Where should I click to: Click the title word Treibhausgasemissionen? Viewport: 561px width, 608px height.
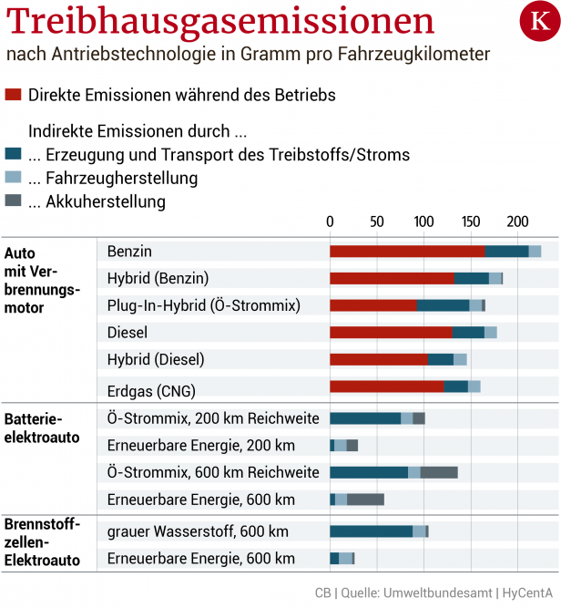click(x=219, y=22)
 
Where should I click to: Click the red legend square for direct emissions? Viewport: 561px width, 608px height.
click(x=13, y=95)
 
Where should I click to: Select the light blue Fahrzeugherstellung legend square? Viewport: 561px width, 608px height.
click(x=13, y=177)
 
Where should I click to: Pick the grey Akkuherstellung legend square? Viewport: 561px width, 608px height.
click(x=13, y=201)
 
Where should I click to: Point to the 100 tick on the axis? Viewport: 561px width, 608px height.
click(x=423, y=222)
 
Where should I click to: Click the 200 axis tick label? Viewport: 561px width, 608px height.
click(x=517, y=222)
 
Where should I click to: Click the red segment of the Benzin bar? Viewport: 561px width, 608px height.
click(x=406, y=251)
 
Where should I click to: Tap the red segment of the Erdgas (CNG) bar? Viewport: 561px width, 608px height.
click(x=386, y=386)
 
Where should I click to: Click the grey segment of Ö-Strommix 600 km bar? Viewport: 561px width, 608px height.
click(x=438, y=472)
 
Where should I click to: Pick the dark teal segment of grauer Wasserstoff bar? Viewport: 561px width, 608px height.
click(x=371, y=531)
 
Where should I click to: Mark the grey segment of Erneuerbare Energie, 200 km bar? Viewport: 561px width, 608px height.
click(x=352, y=445)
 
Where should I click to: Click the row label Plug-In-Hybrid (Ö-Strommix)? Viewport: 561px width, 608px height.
click(x=203, y=304)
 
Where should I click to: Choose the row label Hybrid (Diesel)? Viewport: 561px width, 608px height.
click(x=156, y=359)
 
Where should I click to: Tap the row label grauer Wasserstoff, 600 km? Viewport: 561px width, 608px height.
click(x=198, y=531)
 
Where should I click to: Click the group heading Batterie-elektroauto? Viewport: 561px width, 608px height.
click(x=42, y=428)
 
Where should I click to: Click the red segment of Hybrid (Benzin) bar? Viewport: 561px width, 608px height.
click(x=392, y=278)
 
